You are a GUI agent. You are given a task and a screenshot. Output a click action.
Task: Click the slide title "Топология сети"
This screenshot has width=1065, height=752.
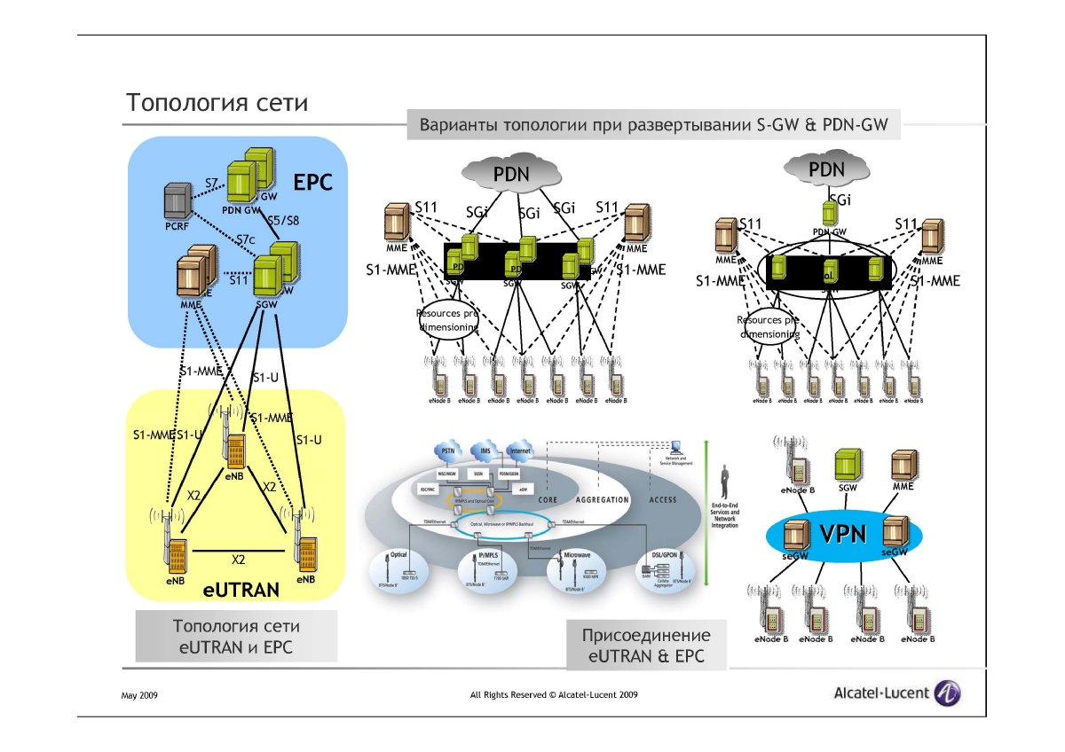pyautogui.click(x=217, y=102)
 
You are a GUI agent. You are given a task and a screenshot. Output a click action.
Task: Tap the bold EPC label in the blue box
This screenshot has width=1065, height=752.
pyautogui.click(x=312, y=184)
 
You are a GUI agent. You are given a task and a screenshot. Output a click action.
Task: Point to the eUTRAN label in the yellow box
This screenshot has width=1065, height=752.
pyautogui.click(x=241, y=587)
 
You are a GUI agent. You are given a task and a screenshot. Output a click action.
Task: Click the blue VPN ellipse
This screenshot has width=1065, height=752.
pyautogui.click(x=844, y=535)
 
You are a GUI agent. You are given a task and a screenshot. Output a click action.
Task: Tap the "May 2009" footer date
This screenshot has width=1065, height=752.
pyautogui.click(x=139, y=696)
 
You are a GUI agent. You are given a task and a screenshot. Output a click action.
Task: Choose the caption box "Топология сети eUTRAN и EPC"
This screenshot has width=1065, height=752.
pyautogui.click(x=236, y=637)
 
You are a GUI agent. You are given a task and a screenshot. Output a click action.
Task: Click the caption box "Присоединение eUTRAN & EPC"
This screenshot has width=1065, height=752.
pyautogui.click(x=646, y=646)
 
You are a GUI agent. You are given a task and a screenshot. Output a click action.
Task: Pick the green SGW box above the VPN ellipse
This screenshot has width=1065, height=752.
pyautogui.click(x=847, y=466)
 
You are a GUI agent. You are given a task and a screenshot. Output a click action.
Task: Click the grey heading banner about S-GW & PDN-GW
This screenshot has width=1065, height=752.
pyautogui.click(x=653, y=125)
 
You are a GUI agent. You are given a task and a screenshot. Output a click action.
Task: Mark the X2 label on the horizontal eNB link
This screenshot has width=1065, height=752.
pyautogui.click(x=238, y=560)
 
